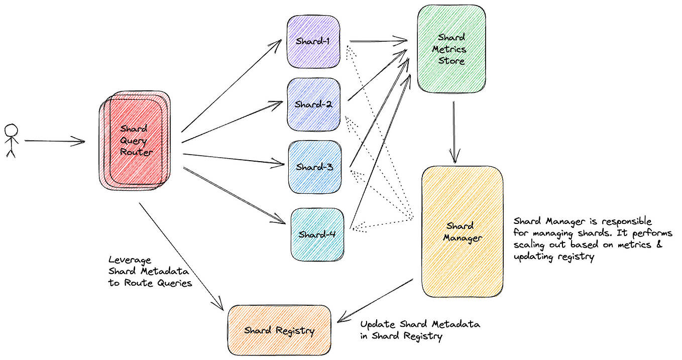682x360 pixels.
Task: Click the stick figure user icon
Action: (11, 140)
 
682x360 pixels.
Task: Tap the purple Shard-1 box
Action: (313, 42)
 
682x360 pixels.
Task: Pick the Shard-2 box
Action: (314, 104)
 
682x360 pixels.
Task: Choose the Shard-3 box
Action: (314, 167)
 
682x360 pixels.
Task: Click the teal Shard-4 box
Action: (317, 234)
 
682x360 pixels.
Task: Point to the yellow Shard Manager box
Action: (462, 232)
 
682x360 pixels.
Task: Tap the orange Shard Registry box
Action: (279, 330)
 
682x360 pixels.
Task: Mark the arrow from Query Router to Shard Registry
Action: (181, 256)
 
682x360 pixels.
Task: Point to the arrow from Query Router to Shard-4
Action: (234, 195)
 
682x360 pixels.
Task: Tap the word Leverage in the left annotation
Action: (129, 260)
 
